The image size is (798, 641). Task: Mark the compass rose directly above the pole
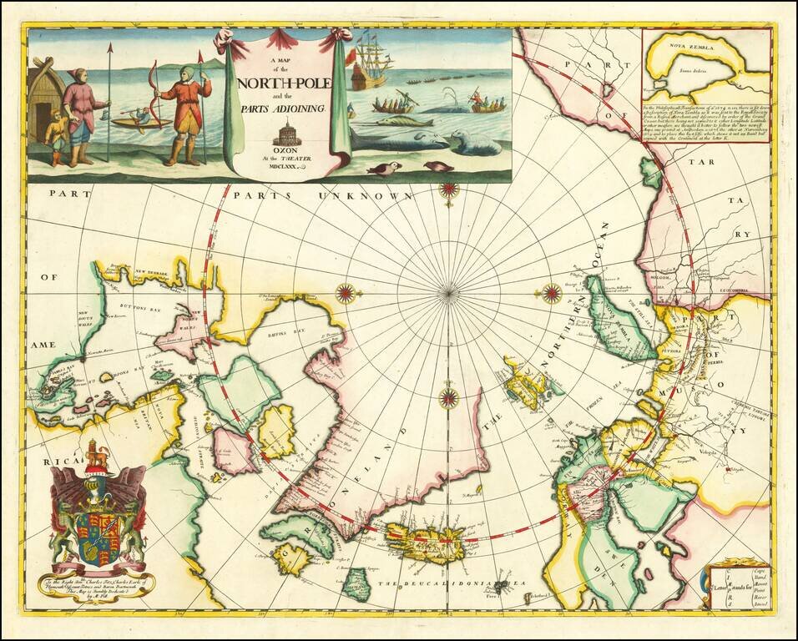pyautogui.click(x=449, y=189)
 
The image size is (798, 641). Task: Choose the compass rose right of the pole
pyautogui.click(x=552, y=292)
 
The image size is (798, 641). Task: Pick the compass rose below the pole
pyautogui.click(x=449, y=397)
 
